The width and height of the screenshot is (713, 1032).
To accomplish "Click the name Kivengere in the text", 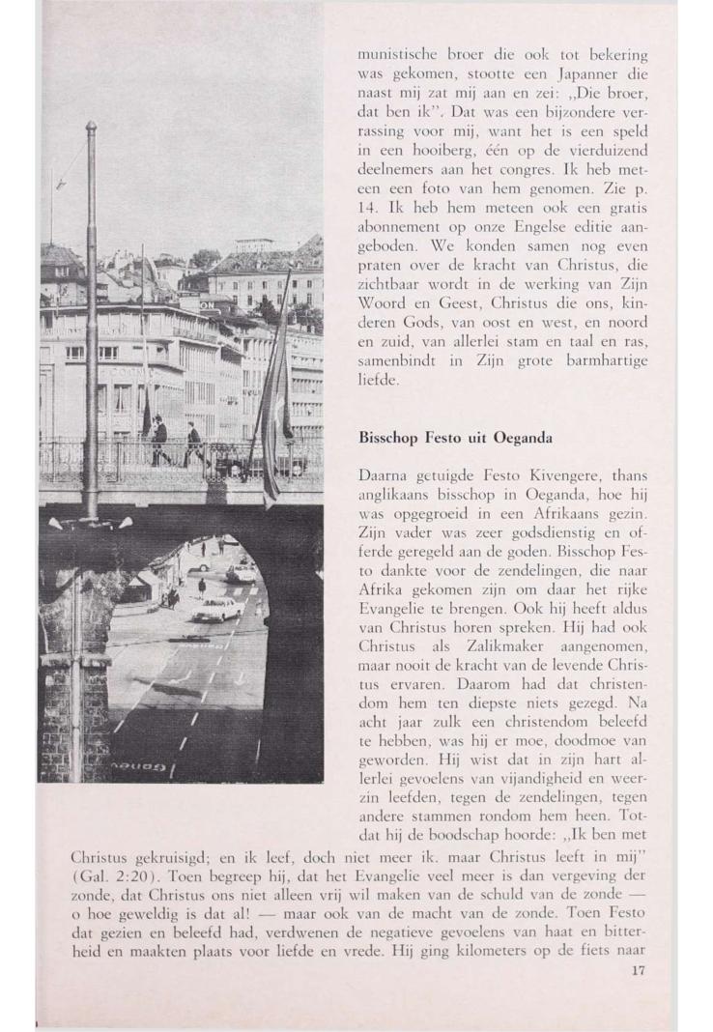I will [x=561, y=473].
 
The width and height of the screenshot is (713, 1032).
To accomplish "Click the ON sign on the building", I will [x=208, y=303].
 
